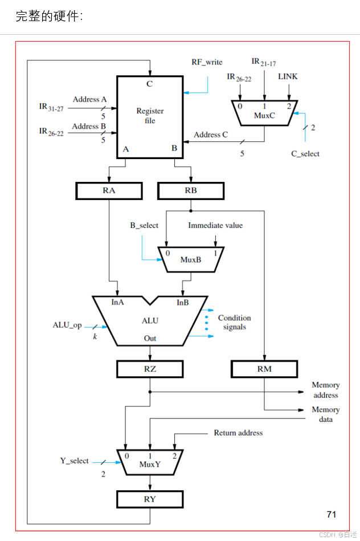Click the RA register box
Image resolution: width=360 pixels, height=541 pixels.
[x=109, y=190]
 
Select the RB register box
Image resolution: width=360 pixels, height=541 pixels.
[x=191, y=190]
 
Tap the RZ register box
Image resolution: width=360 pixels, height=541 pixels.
[x=150, y=369]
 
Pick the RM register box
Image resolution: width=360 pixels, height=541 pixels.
[x=264, y=369]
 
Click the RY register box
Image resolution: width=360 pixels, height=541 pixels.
[x=150, y=499]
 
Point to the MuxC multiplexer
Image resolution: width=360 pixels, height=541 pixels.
[x=264, y=113]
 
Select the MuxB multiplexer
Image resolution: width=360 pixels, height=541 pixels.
[x=191, y=258]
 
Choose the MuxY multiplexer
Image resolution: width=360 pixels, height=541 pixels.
[x=150, y=462]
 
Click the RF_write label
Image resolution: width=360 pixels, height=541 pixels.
[x=207, y=62]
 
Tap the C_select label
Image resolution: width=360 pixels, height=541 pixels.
[x=305, y=153]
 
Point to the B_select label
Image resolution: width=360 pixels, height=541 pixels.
[x=144, y=225]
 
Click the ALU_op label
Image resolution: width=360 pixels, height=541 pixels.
[x=67, y=325]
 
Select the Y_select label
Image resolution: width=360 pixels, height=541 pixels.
[x=75, y=461]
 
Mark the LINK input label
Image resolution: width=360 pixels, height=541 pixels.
[x=288, y=76]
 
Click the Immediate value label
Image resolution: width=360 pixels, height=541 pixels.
[x=215, y=225]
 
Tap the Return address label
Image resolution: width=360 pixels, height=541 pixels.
[x=238, y=433]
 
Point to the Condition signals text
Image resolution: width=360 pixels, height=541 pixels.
[x=234, y=322]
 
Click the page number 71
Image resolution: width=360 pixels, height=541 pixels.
[x=332, y=514]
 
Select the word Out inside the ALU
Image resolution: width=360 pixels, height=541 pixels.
[x=150, y=338]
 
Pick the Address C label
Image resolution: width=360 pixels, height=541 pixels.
[x=211, y=135]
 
